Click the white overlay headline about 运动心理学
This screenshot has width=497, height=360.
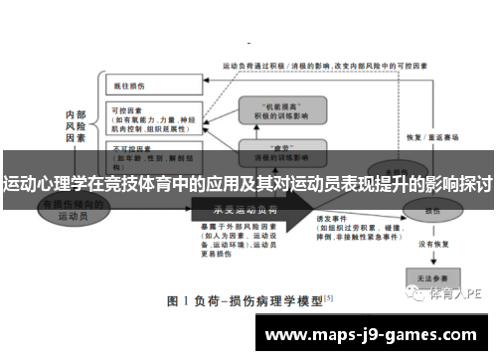(x=248, y=184)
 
